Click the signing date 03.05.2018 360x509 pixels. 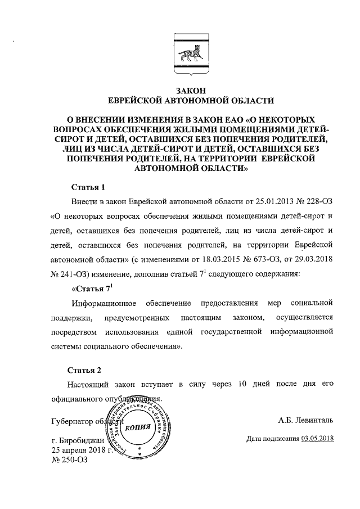pyautogui.click(x=317, y=438)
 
